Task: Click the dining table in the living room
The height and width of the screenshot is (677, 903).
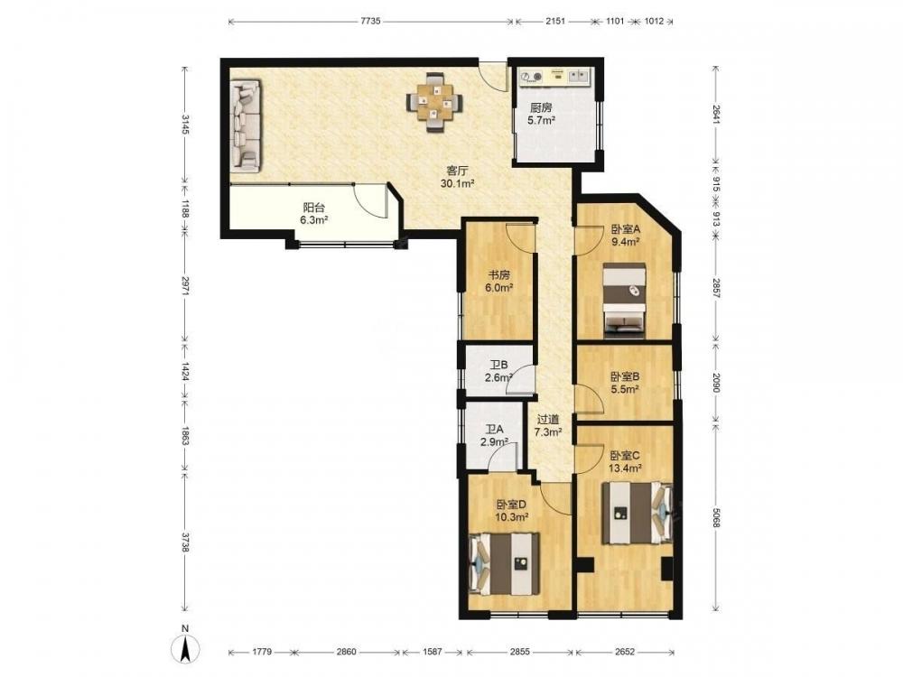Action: click(x=435, y=102)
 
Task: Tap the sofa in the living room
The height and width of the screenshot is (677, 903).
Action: click(x=246, y=125)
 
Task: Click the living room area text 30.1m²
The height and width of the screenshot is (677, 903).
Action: click(x=457, y=183)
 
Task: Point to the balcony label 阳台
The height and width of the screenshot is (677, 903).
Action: click(x=314, y=208)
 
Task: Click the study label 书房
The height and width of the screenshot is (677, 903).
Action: click(x=498, y=275)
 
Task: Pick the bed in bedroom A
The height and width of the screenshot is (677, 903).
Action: click(x=624, y=300)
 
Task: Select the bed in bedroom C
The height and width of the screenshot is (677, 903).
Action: click(x=638, y=513)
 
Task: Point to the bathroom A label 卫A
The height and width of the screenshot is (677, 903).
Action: click(x=494, y=430)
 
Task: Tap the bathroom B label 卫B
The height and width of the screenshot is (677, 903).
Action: click(x=498, y=365)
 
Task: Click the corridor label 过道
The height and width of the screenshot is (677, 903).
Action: click(x=548, y=420)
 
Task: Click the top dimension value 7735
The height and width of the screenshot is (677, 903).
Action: click(x=370, y=22)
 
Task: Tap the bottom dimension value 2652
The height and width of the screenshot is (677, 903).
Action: click(x=624, y=652)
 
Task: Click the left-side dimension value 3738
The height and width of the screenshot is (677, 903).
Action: click(x=185, y=543)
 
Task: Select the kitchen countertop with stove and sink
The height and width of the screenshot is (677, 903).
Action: click(x=555, y=77)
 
